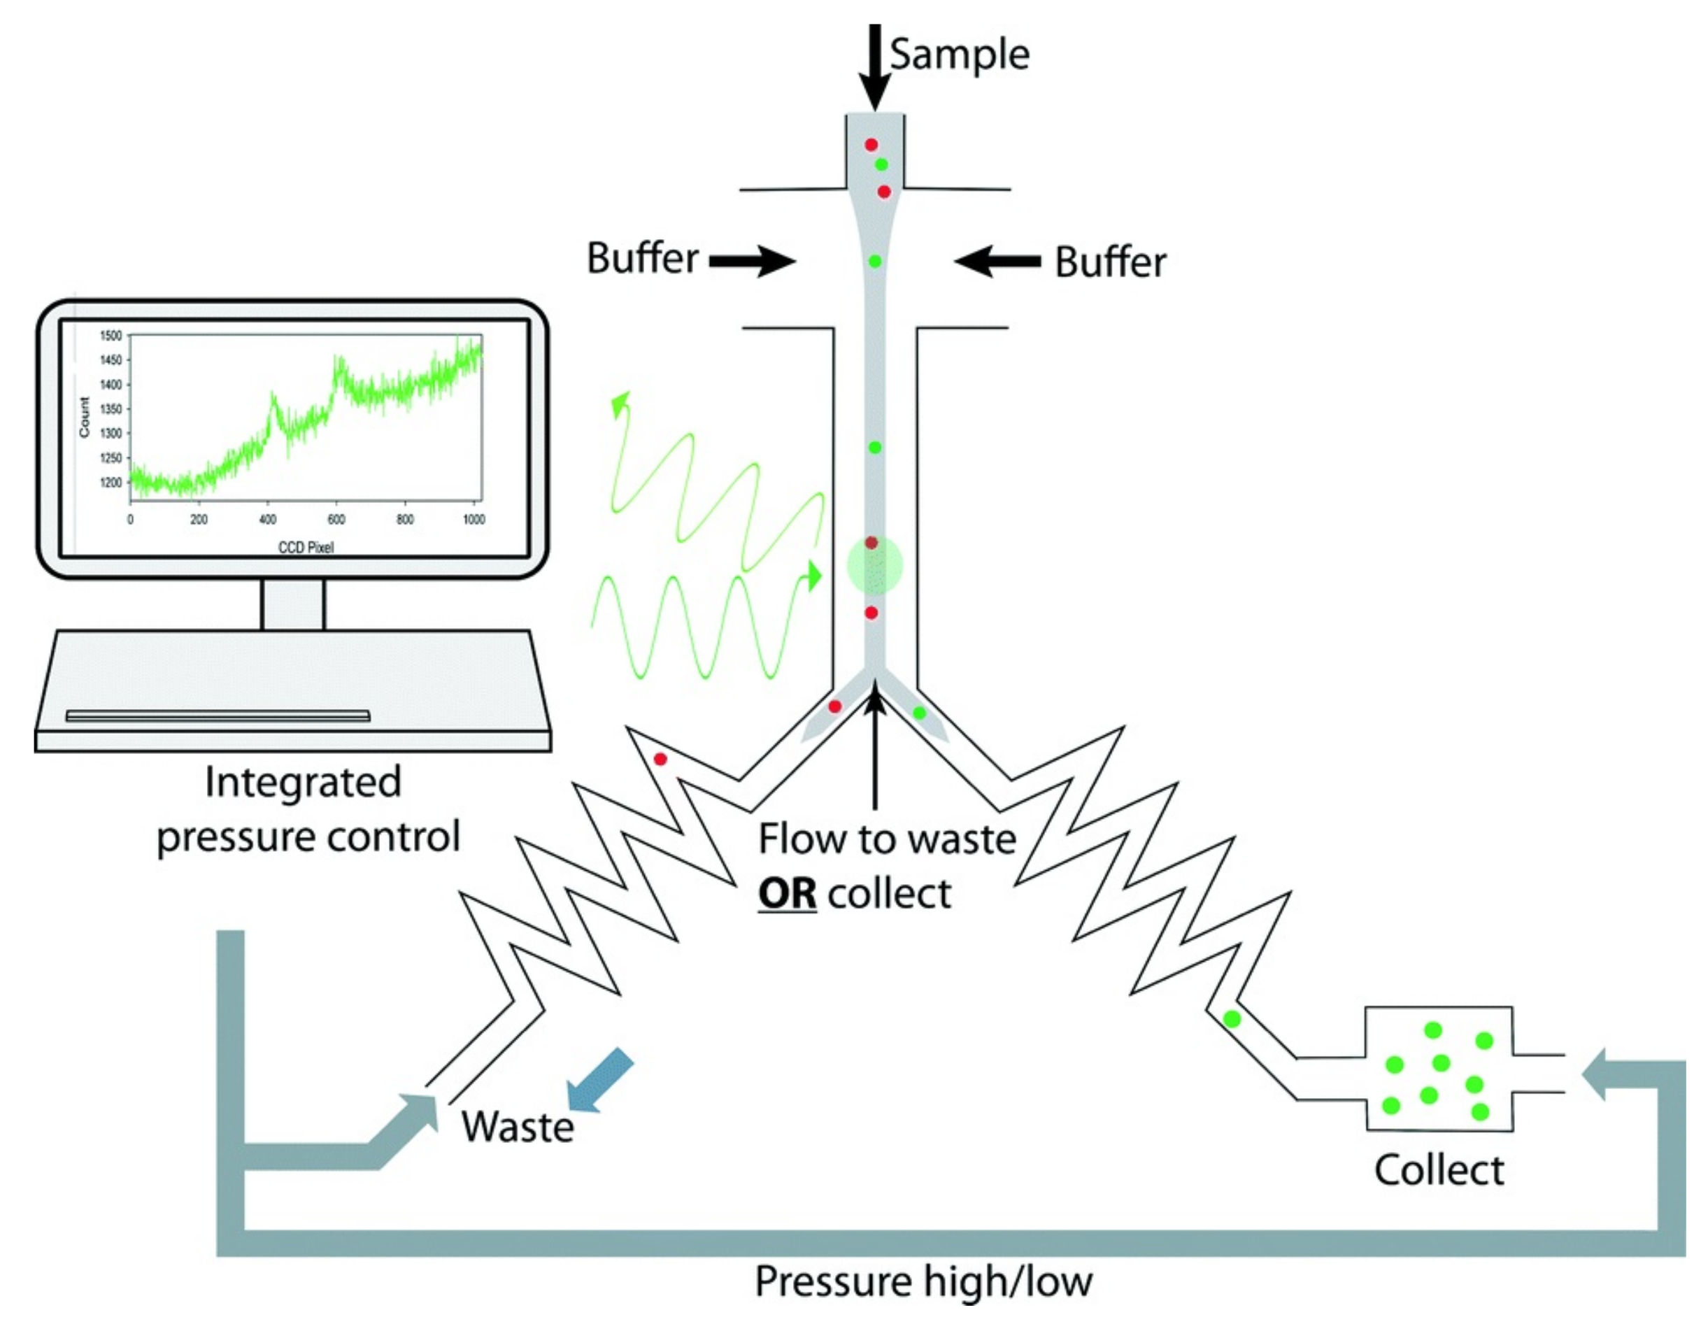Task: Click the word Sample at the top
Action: (x=960, y=55)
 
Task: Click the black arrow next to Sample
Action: (x=875, y=67)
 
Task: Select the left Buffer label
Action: (x=642, y=258)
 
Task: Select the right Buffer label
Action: (x=1110, y=262)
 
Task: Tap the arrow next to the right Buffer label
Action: (x=997, y=261)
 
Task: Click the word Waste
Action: (x=517, y=1127)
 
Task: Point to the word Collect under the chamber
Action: (x=1438, y=1171)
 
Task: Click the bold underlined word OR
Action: (x=787, y=894)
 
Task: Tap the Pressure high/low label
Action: (x=923, y=1282)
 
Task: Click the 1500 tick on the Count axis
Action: (x=111, y=336)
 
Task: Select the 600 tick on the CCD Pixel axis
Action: (x=336, y=519)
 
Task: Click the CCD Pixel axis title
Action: (x=306, y=547)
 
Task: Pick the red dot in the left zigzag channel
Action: (x=660, y=759)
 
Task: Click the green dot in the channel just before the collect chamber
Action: (x=1232, y=1019)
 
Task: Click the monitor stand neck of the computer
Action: (x=292, y=604)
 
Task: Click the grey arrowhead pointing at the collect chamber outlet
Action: (x=1595, y=1074)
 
